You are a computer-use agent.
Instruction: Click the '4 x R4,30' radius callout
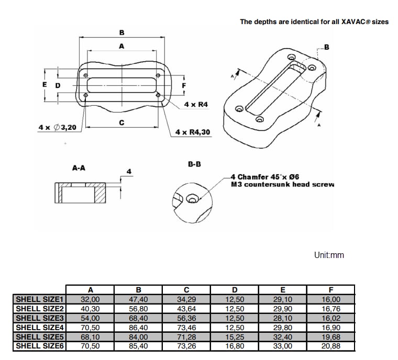tap(193, 132)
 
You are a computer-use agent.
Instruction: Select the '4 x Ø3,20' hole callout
tap(57, 127)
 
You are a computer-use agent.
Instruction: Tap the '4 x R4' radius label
tap(196, 105)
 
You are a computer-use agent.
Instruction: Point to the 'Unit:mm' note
tap(329, 255)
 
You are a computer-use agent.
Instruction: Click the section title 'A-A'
tap(79, 168)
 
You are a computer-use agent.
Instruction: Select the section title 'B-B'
tap(194, 164)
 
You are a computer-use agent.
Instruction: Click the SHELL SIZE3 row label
tap(39, 318)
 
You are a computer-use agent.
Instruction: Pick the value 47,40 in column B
tap(138, 299)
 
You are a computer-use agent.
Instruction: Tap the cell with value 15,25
tap(235, 336)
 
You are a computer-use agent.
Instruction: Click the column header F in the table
tap(330, 290)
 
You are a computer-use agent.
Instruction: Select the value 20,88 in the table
tap(330, 346)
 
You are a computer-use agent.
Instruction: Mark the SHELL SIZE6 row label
tap(39, 346)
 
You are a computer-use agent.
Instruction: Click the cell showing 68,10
tap(90, 336)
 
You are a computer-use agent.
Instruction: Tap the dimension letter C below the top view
tap(121, 123)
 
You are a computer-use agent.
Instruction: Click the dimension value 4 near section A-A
tap(128, 171)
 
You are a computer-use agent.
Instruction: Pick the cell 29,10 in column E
tap(282, 299)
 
